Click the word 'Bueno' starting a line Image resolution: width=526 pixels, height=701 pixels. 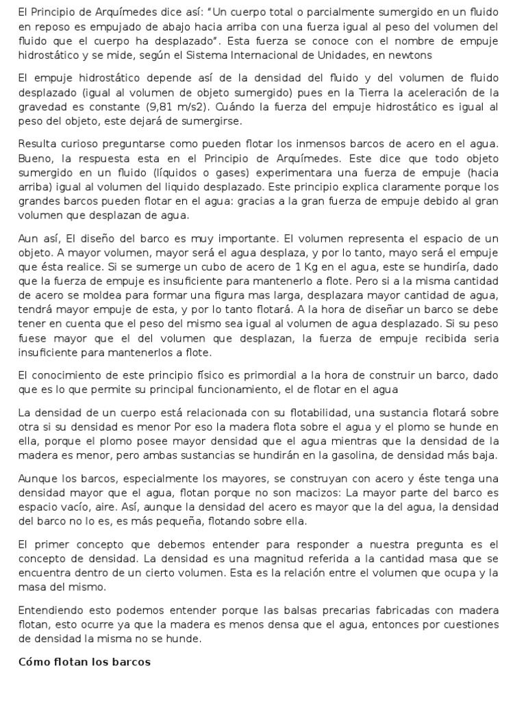coord(34,159)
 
